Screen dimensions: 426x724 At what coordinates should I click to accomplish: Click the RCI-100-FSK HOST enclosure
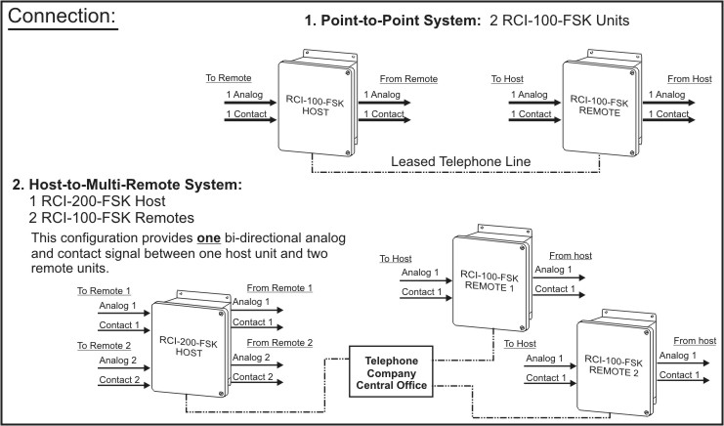(314, 106)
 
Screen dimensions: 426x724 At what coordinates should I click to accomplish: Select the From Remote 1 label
(280, 288)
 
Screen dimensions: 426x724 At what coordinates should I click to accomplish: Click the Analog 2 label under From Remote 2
(253, 358)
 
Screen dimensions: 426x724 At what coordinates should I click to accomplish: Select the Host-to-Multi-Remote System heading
(127, 184)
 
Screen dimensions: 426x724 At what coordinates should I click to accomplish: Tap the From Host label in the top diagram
(688, 77)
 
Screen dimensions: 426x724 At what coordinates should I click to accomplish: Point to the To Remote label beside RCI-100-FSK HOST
(229, 76)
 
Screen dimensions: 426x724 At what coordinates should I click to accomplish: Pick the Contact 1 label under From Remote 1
(253, 322)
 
